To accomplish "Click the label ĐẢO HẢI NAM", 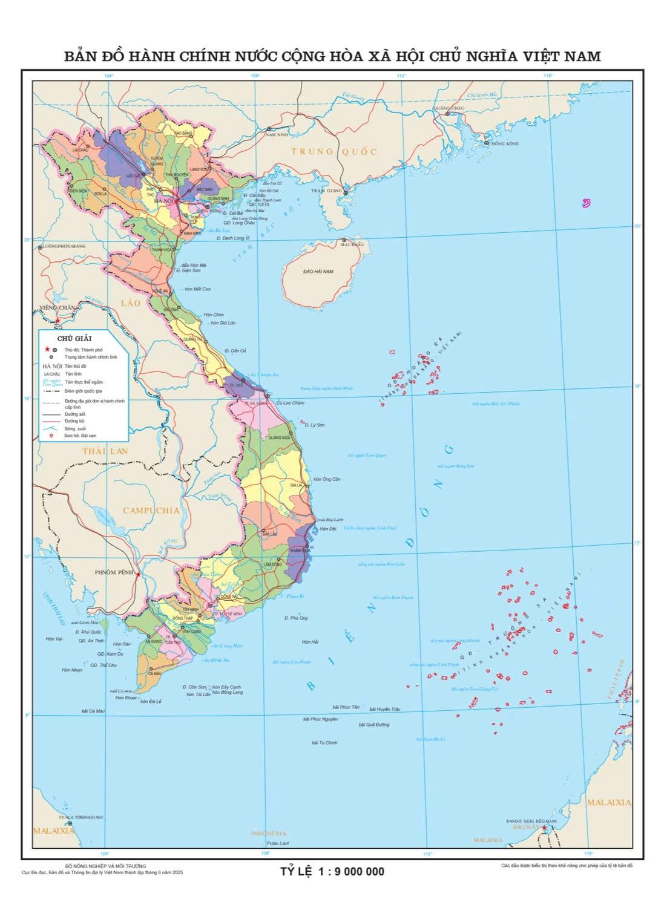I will tap(318, 272).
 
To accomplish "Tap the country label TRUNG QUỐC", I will tap(334, 151).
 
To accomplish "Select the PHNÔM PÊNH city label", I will tap(114, 572).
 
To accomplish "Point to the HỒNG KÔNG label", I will tap(505, 143).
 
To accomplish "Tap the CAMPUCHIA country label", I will tap(151, 510).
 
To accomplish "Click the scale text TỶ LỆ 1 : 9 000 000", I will tap(332, 872).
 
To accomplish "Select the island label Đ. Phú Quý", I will tap(296, 618).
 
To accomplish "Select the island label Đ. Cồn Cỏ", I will tap(235, 351).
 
